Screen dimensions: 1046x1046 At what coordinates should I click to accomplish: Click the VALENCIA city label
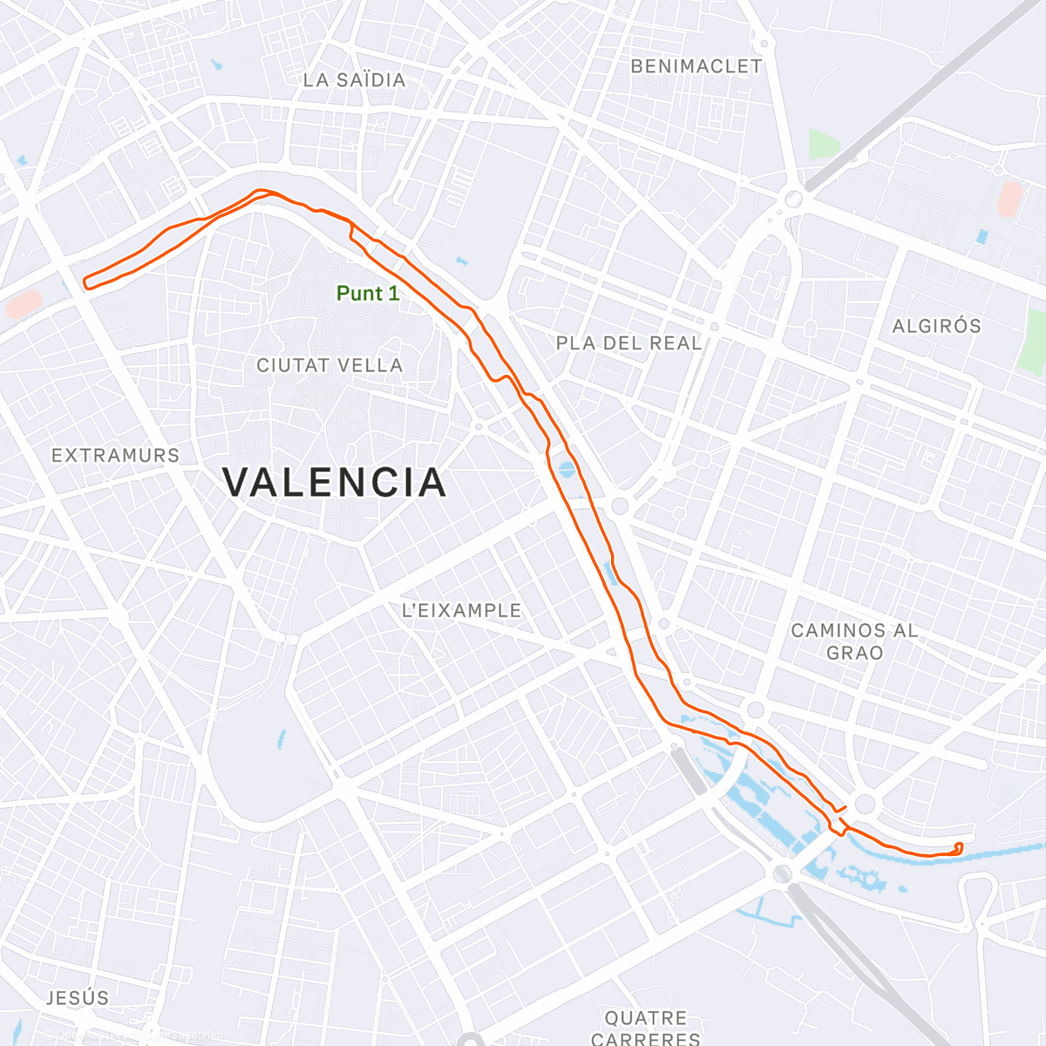click(x=335, y=483)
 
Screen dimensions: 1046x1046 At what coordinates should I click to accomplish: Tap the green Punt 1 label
click(x=368, y=294)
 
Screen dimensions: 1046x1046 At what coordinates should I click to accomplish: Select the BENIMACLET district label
click(x=696, y=67)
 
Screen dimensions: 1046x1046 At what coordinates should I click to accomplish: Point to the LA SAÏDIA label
click(x=354, y=80)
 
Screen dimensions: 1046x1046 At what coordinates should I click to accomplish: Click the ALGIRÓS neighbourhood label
click(x=936, y=326)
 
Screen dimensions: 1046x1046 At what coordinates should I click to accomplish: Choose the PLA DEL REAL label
click(x=628, y=343)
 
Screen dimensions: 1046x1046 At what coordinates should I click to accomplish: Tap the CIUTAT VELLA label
click(x=329, y=366)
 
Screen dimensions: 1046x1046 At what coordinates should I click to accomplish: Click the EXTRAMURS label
click(x=115, y=456)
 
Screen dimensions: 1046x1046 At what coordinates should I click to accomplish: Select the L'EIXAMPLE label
click(x=461, y=611)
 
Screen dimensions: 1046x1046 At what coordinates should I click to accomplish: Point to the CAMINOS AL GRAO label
click(x=854, y=642)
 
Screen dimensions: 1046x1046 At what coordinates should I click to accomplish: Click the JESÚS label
click(x=78, y=998)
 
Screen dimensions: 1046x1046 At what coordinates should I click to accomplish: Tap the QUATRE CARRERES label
click(x=646, y=1028)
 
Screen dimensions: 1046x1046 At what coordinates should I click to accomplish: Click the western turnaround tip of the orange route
click(x=86, y=282)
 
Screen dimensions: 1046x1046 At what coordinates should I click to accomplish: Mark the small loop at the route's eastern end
click(x=958, y=848)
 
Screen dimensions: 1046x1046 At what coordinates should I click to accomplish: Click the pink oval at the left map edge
click(x=23, y=304)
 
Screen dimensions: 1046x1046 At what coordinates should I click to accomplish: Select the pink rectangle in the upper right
click(x=1010, y=200)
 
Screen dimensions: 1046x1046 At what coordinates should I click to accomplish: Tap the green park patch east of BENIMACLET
click(x=823, y=144)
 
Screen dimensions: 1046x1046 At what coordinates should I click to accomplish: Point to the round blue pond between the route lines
click(x=567, y=471)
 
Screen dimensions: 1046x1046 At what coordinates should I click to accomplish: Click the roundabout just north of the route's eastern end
click(x=865, y=804)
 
